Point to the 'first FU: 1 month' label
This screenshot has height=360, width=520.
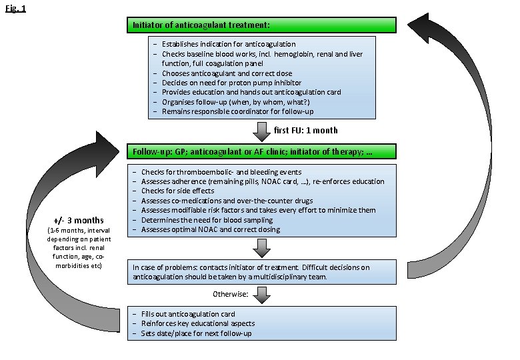(x=306, y=130)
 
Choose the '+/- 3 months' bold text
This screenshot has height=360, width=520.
(x=79, y=221)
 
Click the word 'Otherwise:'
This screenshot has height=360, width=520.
(x=231, y=293)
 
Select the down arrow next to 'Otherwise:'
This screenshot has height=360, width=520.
(x=262, y=294)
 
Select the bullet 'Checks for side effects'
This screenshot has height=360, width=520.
(x=177, y=191)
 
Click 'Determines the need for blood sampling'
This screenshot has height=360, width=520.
(x=206, y=220)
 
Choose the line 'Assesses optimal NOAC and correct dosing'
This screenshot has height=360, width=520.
(x=210, y=229)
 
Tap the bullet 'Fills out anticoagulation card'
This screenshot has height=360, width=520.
(x=187, y=314)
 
